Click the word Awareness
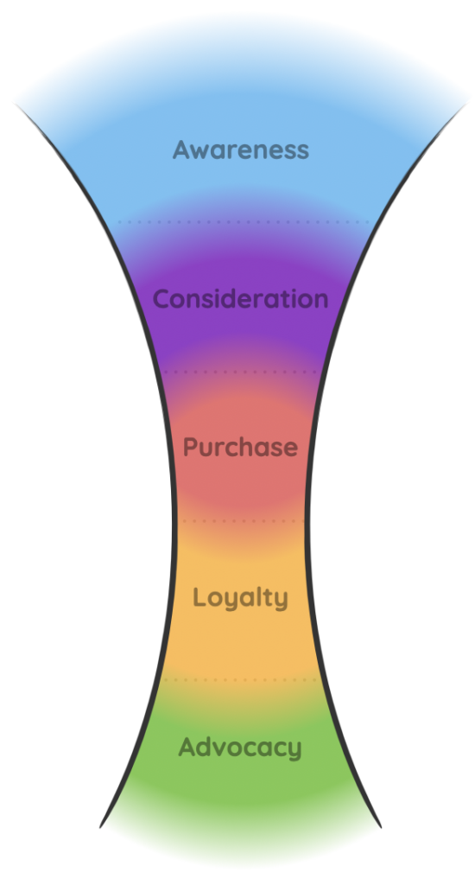[241, 150]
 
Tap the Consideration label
[240, 298]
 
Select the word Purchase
[240, 447]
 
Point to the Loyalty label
[240, 598]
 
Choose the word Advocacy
[240, 748]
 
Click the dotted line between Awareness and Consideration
[244, 222]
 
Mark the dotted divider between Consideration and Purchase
[241, 372]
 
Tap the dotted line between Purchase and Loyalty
[241, 521]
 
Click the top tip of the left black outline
[14, 104]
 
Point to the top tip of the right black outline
[469, 102]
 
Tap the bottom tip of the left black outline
[100, 827]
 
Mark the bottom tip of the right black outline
[381, 827]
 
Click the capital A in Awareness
[181, 150]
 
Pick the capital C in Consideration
[161, 298]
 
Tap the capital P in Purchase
[191, 447]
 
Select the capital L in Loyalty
[199, 596]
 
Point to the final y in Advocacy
[294, 751]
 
